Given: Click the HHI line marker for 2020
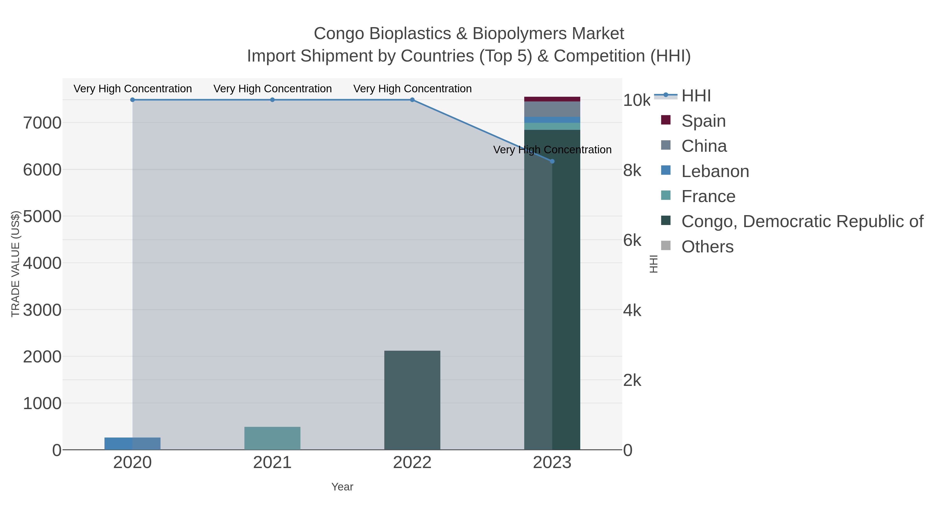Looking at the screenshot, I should pyautogui.click(x=133, y=100).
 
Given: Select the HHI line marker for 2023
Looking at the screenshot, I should pyautogui.click(x=552, y=161).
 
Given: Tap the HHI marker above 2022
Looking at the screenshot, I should pyautogui.click(x=412, y=100).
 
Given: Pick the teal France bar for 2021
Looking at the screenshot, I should pyautogui.click(x=272, y=438).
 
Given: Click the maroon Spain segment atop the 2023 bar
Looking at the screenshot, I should pyautogui.click(x=552, y=99).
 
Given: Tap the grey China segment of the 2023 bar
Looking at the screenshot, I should pyautogui.click(x=552, y=109).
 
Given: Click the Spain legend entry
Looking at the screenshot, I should pyautogui.click(x=703, y=121).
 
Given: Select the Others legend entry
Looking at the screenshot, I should pyautogui.click(x=707, y=247).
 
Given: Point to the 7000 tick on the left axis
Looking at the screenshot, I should pyautogui.click(x=42, y=123).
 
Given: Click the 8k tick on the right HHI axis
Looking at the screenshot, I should pyautogui.click(x=632, y=171).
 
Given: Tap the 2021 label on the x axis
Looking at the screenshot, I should pyautogui.click(x=272, y=463).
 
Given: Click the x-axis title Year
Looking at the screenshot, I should pyautogui.click(x=342, y=487).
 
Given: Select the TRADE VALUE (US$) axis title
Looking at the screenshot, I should pyautogui.click(x=15, y=264).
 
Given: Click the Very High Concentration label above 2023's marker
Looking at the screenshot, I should pyautogui.click(x=552, y=150).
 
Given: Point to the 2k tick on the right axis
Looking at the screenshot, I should pyautogui.click(x=632, y=380).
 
